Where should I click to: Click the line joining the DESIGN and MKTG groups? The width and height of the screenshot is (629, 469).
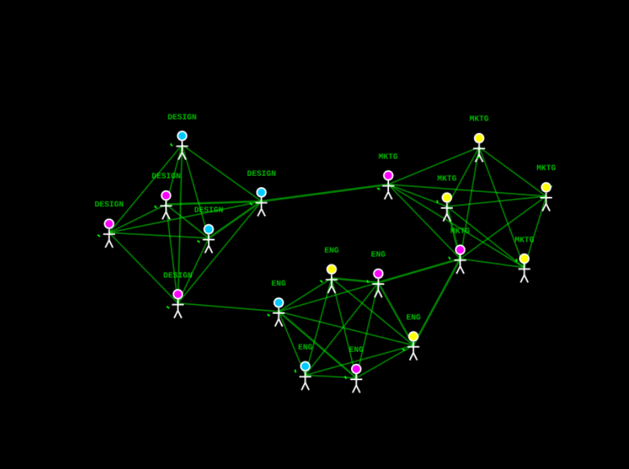(x=324, y=193)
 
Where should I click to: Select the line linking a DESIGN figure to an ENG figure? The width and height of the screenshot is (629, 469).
(x=228, y=307)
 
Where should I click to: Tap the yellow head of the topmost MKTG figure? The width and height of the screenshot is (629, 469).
(x=479, y=139)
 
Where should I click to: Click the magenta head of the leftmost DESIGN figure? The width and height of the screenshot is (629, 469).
(x=109, y=224)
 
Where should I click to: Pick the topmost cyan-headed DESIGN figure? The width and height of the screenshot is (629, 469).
(x=182, y=145)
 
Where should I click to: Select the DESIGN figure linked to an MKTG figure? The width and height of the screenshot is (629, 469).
(x=261, y=202)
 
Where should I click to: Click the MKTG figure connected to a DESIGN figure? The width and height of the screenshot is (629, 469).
(x=388, y=185)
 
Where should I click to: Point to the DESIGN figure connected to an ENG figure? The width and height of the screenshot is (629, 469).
(x=178, y=304)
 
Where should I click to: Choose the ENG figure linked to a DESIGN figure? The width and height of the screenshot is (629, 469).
(x=279, y=312)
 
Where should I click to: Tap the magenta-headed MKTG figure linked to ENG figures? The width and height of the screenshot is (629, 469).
(x=460, y=259)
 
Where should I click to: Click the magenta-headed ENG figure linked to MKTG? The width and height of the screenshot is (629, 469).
(x=378, y=283)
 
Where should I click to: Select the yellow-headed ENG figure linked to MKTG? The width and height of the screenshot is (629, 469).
(x=413, y=346)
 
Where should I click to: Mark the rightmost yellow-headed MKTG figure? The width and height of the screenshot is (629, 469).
(x=546, y=197)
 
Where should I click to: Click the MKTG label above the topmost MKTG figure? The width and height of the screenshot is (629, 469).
(x=479, y=119)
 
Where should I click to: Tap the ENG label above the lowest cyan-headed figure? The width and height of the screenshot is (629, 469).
(x=305, y=348)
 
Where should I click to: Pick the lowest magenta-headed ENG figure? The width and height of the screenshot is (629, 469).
(x=356, y=378)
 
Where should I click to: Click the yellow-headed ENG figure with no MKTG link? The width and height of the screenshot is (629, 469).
(x=331, y=278)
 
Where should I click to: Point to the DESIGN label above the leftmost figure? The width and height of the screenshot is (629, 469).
(x=109, y=205)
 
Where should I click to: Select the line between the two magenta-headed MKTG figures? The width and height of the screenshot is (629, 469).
(x=424, y=222)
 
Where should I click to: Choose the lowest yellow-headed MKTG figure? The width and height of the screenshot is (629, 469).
(x=524, y=268)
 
